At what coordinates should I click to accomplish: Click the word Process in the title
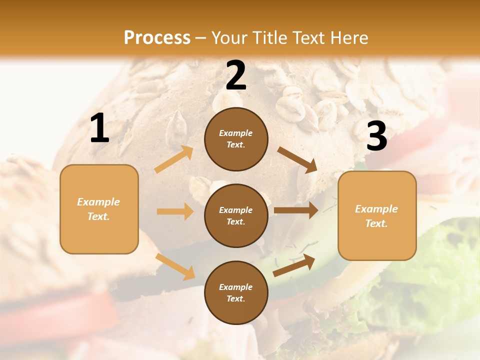tap(157, 38)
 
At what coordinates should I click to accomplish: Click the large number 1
tap(99, 128)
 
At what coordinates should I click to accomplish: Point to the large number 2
tap(236, 75)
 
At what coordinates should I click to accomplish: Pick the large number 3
tap(376, 136)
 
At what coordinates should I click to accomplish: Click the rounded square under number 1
tap(99, 209)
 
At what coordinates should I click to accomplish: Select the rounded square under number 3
tap(377, 215)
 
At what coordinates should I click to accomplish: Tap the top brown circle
tap(236, 139)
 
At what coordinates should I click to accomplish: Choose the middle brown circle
tap(236, 215)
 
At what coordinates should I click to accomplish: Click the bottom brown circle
tap(236, 292)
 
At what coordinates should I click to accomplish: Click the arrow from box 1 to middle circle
tap(175, 211)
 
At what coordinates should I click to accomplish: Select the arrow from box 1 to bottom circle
tap(175, 266)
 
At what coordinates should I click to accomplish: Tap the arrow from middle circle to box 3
tap(296, 210)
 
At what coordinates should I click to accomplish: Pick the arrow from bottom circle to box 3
tap(294, 265)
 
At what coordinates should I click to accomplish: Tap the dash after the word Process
tap(201, 38)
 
